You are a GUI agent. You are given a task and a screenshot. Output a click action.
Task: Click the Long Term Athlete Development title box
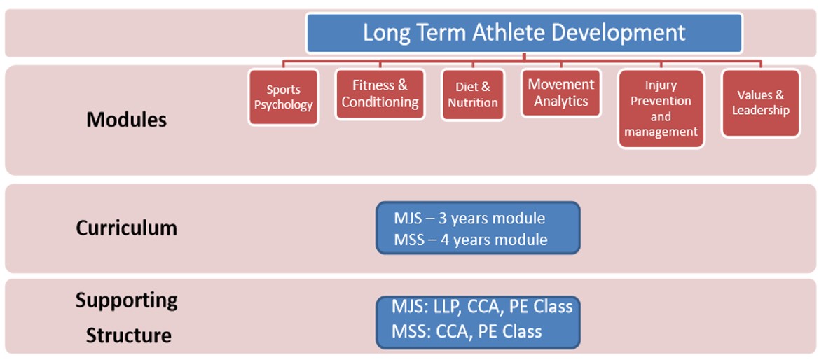524,33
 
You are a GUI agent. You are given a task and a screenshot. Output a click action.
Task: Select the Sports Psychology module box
284,97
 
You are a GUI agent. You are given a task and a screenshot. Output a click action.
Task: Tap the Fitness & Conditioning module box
380,94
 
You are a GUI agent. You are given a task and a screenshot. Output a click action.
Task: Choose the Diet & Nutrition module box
472,95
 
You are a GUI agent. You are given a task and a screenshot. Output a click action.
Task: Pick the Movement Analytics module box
561,92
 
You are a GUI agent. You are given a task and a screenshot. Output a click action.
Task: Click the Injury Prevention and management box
661,109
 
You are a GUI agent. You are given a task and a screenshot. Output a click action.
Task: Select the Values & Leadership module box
760,103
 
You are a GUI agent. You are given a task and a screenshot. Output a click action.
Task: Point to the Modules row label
126,120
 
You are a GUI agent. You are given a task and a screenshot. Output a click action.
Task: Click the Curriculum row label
126,228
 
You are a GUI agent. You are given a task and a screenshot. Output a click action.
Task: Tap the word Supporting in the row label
126,300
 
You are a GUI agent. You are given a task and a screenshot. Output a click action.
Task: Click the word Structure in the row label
128,335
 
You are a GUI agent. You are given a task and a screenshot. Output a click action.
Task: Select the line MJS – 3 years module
469,218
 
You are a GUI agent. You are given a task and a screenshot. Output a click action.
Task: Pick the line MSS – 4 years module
470,240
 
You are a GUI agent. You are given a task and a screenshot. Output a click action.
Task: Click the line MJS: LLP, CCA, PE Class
482,306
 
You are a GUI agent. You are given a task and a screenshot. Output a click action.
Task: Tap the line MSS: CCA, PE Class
467,331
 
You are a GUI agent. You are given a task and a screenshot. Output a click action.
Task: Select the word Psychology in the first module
284,105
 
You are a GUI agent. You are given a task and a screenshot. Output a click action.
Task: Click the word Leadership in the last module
761,111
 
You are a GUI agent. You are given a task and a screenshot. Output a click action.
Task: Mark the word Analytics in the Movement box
561,101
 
